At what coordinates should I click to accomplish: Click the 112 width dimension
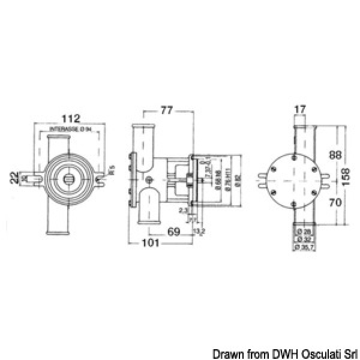click(71, 118)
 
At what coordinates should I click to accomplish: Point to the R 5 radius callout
click(112, 175)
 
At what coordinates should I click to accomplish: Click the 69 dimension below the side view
click(174, 230)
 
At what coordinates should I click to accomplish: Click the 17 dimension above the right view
click(301, 109)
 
